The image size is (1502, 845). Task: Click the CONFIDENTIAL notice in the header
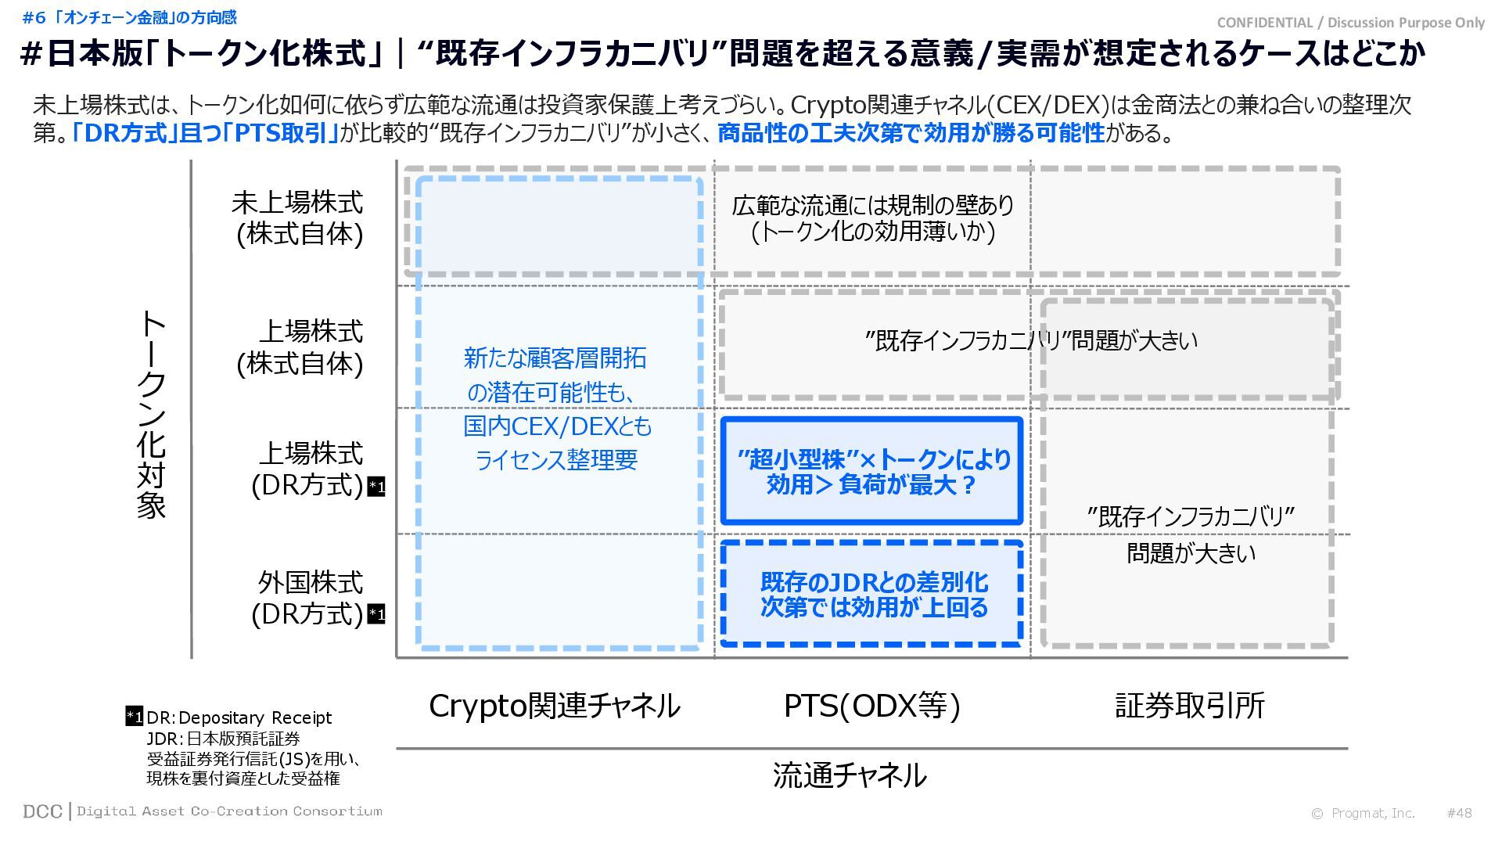(1350, 23)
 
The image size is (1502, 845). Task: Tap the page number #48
(1459, 813)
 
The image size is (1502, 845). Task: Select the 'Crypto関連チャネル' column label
(555, 706)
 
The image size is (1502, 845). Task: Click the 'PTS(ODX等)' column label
(871, 706)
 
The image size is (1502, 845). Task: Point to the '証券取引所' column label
(1189, 706)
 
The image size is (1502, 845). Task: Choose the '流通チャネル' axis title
(850, 775)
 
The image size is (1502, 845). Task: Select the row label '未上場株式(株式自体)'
(298, 218)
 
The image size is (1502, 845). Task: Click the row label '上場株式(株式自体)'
(300, 347)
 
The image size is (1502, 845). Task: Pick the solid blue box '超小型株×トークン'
(872, 471)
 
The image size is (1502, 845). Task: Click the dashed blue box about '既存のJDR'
(872, 594)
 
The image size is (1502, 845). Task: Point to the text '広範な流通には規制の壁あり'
(872, 206)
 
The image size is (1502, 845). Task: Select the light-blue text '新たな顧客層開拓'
(555, 358)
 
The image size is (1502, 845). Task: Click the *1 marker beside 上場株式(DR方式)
(376, 487)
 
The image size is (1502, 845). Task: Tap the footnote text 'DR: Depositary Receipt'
(239, 717)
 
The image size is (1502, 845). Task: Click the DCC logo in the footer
(43, 811)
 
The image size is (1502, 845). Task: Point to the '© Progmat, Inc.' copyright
(1364, 813)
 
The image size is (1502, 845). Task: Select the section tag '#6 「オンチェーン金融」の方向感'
(129, 17)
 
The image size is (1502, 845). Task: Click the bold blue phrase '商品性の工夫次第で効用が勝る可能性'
(911, 133)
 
